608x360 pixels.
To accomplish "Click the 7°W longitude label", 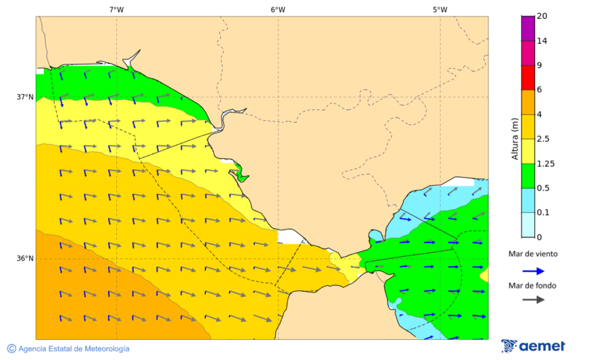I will click(116, 9).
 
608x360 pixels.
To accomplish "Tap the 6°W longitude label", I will click(278, 9).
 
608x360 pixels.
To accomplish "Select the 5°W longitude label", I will click(440, 9).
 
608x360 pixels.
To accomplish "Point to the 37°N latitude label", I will click(25, 97).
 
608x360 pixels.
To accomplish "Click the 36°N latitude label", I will click(25, 259).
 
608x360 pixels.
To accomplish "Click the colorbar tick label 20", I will click(542, 16).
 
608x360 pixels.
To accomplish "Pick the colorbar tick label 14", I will click(542, 41).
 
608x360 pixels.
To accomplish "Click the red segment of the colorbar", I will click(528, 77).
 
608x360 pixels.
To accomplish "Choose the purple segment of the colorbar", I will click(528, 28).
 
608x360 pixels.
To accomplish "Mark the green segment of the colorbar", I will click(528, 176).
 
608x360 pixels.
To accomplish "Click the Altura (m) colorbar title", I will click(515, 138).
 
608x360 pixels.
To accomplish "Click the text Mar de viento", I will click(533, 254).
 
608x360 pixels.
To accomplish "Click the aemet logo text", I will click(542, 346).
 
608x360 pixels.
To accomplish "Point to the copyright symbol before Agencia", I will click(11, 349).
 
